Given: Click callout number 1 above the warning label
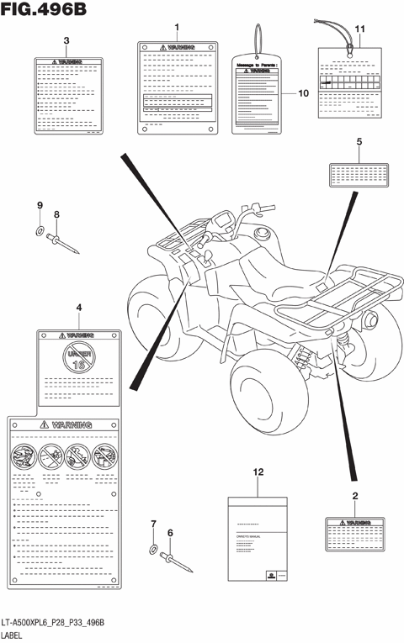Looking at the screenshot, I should pos(177,28).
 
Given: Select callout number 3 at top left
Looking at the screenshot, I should pos(66,40).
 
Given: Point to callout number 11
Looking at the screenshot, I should pos(360,29).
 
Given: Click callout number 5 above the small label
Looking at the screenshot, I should pos(359,142).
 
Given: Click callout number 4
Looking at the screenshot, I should pos(79,308).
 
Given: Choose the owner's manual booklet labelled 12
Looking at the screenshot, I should pos(258,538).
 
